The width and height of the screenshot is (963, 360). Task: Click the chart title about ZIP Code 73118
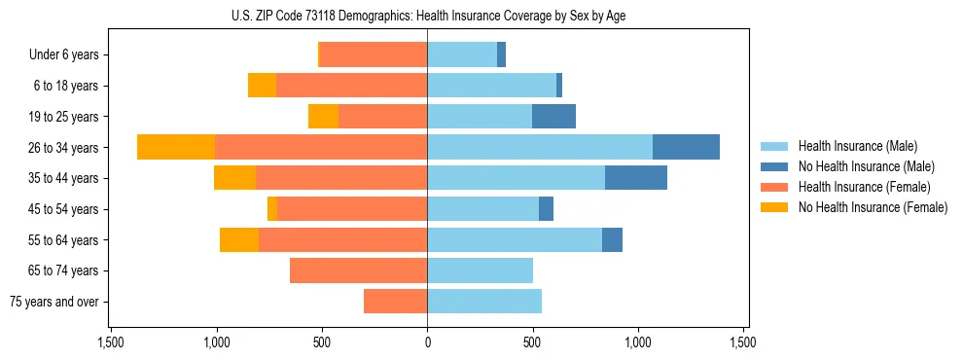tap(427, 15)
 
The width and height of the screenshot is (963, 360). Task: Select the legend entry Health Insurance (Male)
tap(857, 146)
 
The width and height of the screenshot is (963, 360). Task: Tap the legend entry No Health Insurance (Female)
tap(872, 207)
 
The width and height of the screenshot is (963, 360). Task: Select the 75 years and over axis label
tap(54, 302)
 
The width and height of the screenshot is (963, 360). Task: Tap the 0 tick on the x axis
tap(427, 342)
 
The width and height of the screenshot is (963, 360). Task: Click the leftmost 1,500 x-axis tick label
tap(111, 342)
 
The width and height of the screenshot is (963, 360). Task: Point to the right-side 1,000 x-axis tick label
tap(638, 342)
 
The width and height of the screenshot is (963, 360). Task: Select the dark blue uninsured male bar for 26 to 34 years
tap(686, 147)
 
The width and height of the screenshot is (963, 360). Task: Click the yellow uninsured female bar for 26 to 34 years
tap(176, 147)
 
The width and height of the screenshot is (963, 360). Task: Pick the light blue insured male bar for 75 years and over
tap(484, 302)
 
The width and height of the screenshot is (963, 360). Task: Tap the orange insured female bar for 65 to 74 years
tap(359, 270)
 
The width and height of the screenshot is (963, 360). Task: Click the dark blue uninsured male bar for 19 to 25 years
tap(553, 117)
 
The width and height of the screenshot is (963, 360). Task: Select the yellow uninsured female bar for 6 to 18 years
tap(262, 86)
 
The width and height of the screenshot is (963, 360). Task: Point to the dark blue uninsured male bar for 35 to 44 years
tap(636, 178)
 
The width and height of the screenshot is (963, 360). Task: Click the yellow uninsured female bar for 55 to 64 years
tap(239, 239)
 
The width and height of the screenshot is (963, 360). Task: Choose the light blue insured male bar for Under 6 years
tap(462, 55)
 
